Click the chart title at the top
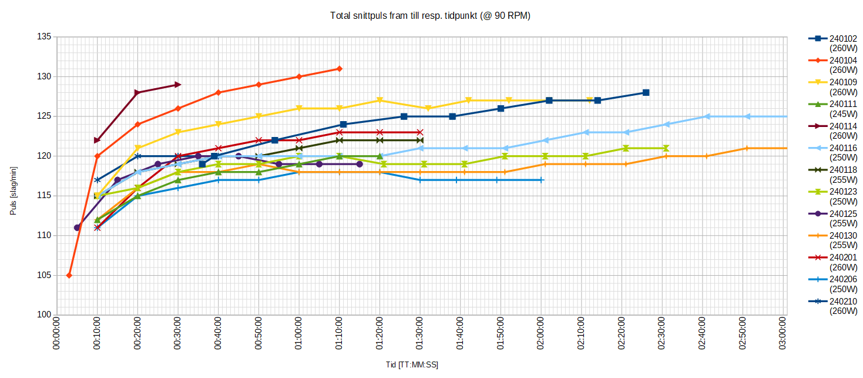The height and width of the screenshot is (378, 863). click(430, 16)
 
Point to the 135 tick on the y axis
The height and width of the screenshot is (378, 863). click(45, 37)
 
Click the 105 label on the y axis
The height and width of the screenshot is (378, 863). click(45, 275)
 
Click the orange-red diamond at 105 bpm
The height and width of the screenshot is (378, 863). click(69, 275)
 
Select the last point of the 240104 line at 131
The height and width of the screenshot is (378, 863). click(339, 69)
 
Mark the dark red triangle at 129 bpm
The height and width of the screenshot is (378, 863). click(178, 85)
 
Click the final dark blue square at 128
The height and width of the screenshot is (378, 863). click(646, 92)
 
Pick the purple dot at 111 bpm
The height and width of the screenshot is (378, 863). click(77, 228)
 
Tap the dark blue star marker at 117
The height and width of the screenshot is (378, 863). click(98, 180)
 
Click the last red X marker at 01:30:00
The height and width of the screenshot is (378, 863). click(419, 132)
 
